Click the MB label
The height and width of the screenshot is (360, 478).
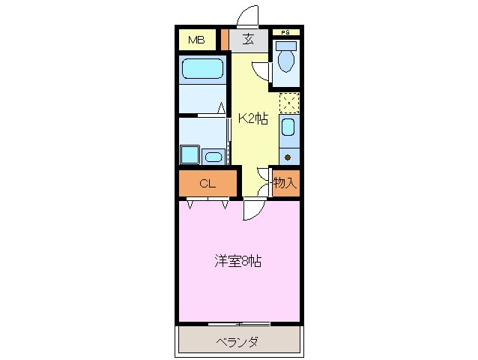click(x=196, y=40)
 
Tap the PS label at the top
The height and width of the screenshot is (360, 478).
click(x=285, y=32)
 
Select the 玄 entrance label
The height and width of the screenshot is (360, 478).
click(x=247, y=40)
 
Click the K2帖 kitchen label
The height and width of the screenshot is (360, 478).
click(x=253, y=118)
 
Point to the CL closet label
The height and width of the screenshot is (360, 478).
click(x=208, y=182)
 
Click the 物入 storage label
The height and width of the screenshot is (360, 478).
click(x=285, y=182)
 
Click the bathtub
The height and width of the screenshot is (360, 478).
click(x=203, y=70)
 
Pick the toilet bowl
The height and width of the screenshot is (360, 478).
click(x=285, y=61)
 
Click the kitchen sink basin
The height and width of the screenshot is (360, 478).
click(x=288, y=129)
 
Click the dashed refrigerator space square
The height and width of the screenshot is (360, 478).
click(x=289, y=102)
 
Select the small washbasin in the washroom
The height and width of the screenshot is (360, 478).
click(x=214, y=157)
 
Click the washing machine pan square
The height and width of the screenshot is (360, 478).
click(x=188, y=154)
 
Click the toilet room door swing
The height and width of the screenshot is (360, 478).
click(x=262, y=70)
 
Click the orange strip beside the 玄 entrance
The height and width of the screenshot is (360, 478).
click(x=224, y=40)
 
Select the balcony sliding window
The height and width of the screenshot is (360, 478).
click(x=238, y=323)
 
